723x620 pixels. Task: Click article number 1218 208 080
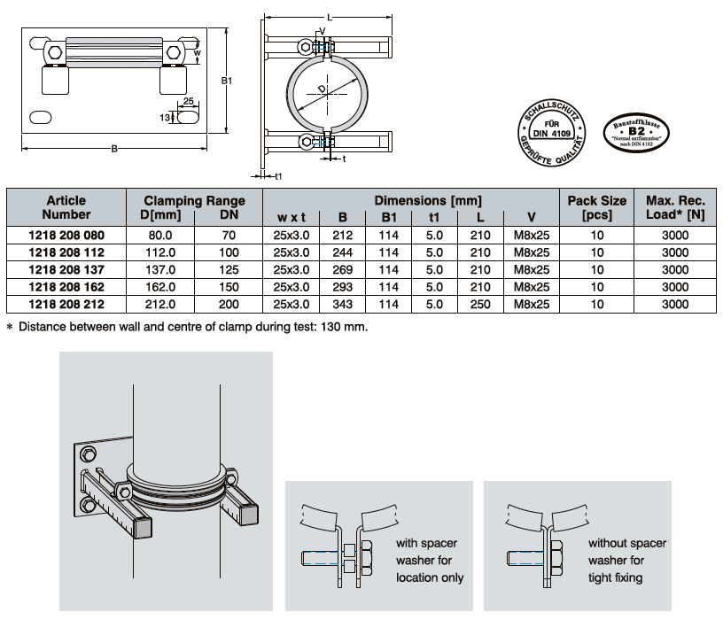[x=67, y=236]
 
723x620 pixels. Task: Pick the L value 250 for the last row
[x=479, y=304]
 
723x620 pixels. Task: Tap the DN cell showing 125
[x=229, y=270]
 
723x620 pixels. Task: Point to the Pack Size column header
[x=596, y=207]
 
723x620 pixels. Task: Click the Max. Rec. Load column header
[x=675, y=207]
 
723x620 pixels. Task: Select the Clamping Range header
[x=194, y=201]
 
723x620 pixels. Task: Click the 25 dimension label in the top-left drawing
[x=188, y=101]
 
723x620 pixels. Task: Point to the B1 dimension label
[x=226, y=81]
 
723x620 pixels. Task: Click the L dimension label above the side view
[x=330, y=17]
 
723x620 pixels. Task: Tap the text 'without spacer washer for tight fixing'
[x=627, y=560]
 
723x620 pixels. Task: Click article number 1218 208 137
[x=67, y=270]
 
